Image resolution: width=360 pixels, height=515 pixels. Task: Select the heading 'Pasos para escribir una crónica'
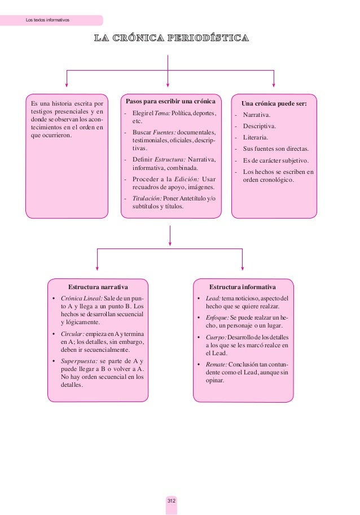coord(171,102)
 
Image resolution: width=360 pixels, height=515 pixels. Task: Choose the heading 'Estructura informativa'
coord(243,287)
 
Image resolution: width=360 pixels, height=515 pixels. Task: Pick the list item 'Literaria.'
coord(256,137)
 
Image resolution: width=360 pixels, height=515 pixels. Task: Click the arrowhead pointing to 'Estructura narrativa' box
coord(98,268)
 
